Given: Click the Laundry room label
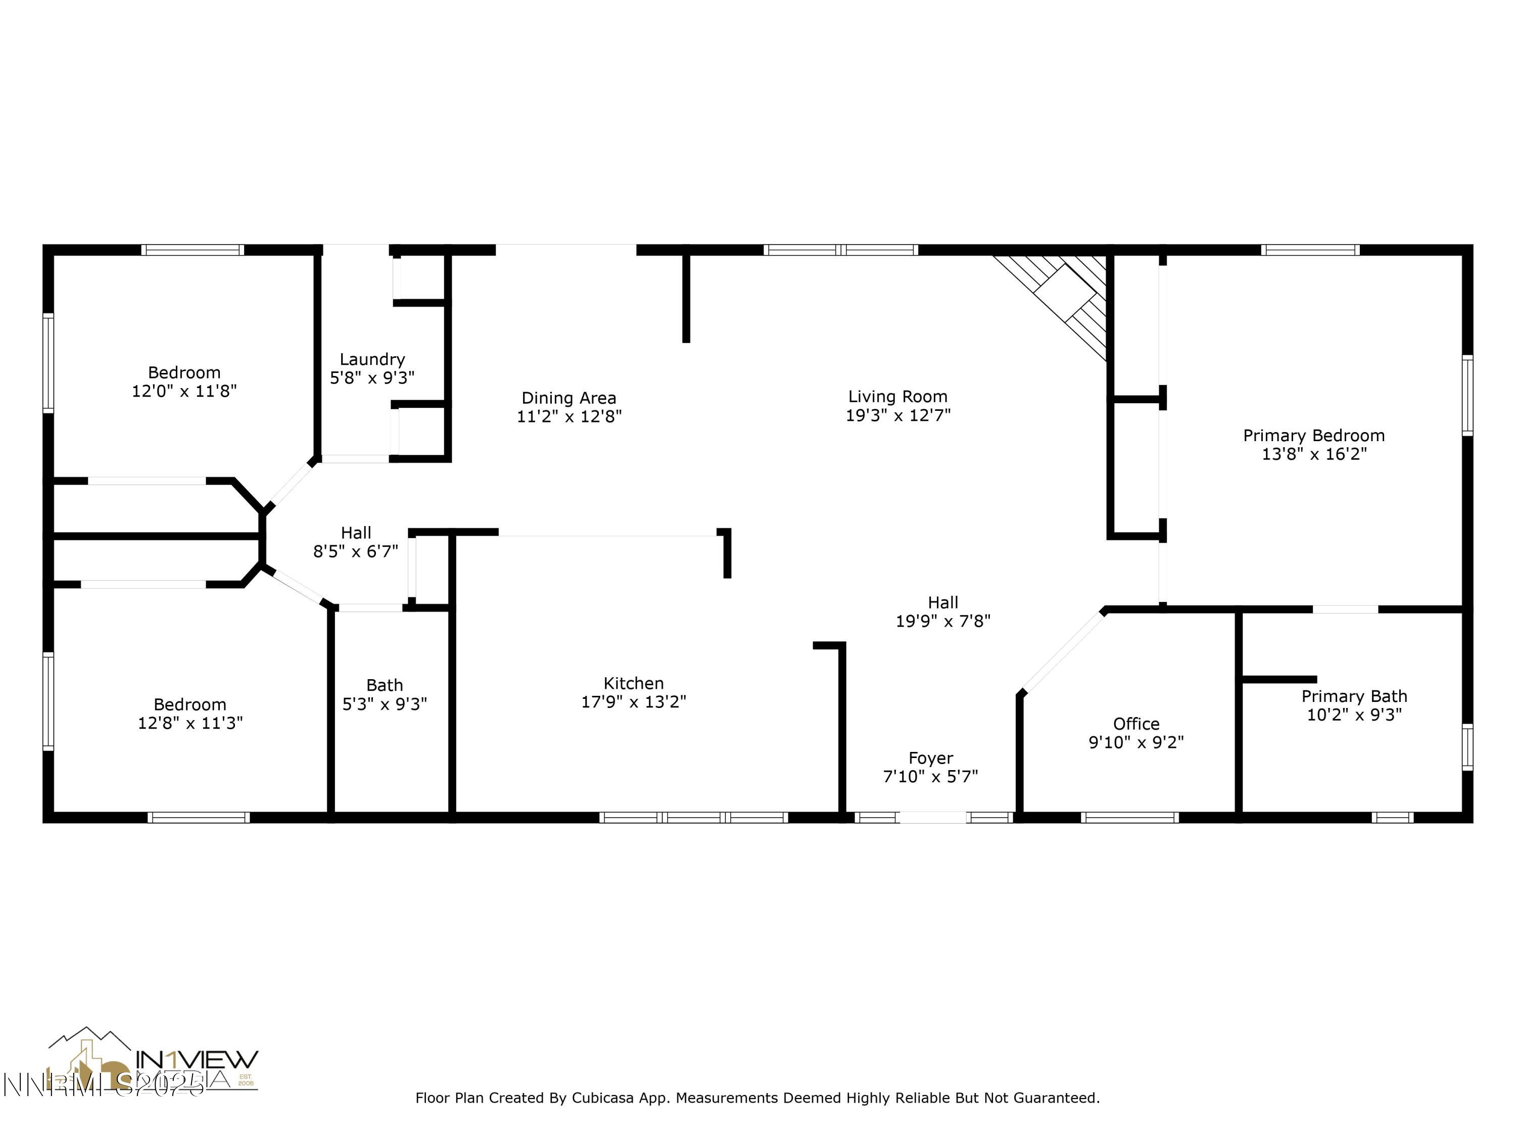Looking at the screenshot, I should [x=372, y=359].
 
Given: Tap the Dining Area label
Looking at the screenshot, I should [x=569, y=398].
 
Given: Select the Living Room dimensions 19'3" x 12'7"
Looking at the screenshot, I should [x=898, y=415].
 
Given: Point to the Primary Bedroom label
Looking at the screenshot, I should [x=1314, y=435].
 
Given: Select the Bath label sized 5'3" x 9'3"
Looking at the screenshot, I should [x=385, y=685].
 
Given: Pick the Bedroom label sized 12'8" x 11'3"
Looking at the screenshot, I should [x=190, y=704].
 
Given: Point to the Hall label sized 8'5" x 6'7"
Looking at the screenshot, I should [x=356, y=533].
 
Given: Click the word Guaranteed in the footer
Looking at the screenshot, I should [x=1056, y=1098].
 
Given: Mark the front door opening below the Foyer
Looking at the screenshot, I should [x=933, y=817].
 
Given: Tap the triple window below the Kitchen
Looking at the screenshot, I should [x=694, y=817].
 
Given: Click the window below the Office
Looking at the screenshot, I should [x=1129, y=817].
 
